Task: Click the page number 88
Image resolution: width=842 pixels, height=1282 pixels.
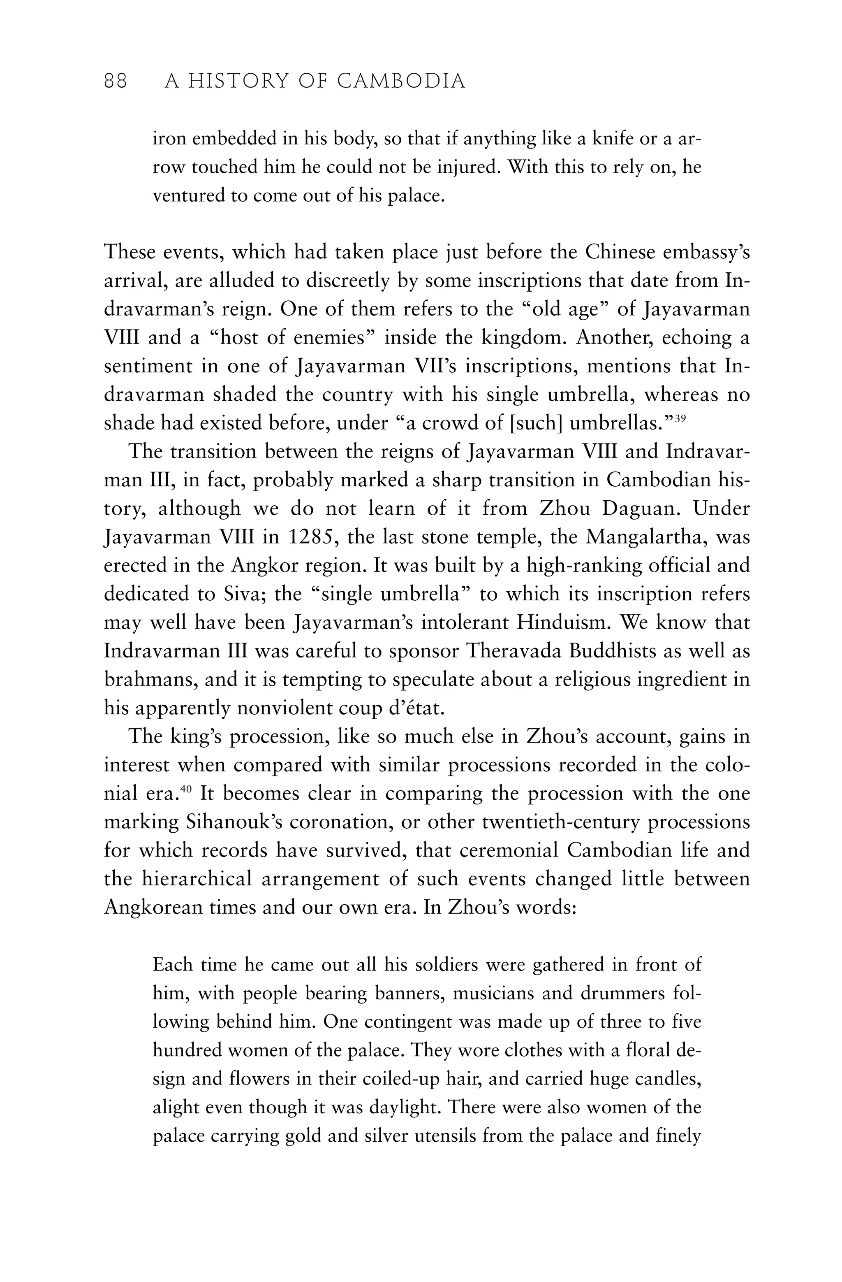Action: pyautogui.click(x=115, y=81)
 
